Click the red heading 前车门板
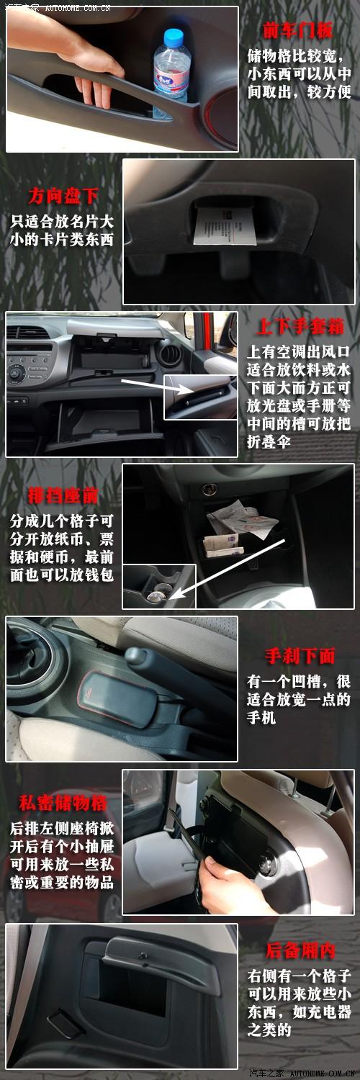297,30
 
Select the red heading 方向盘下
63,196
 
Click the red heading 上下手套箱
300,326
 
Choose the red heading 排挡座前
63,497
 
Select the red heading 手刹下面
300,656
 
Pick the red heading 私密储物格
63,804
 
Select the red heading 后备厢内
300,950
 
